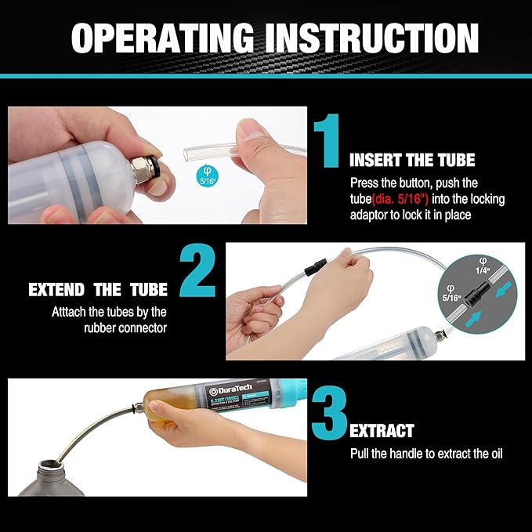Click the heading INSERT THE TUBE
click(412, 161)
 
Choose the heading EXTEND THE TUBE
click(97, 289)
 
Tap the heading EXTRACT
click(382, 431)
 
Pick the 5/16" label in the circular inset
click(451, 298)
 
